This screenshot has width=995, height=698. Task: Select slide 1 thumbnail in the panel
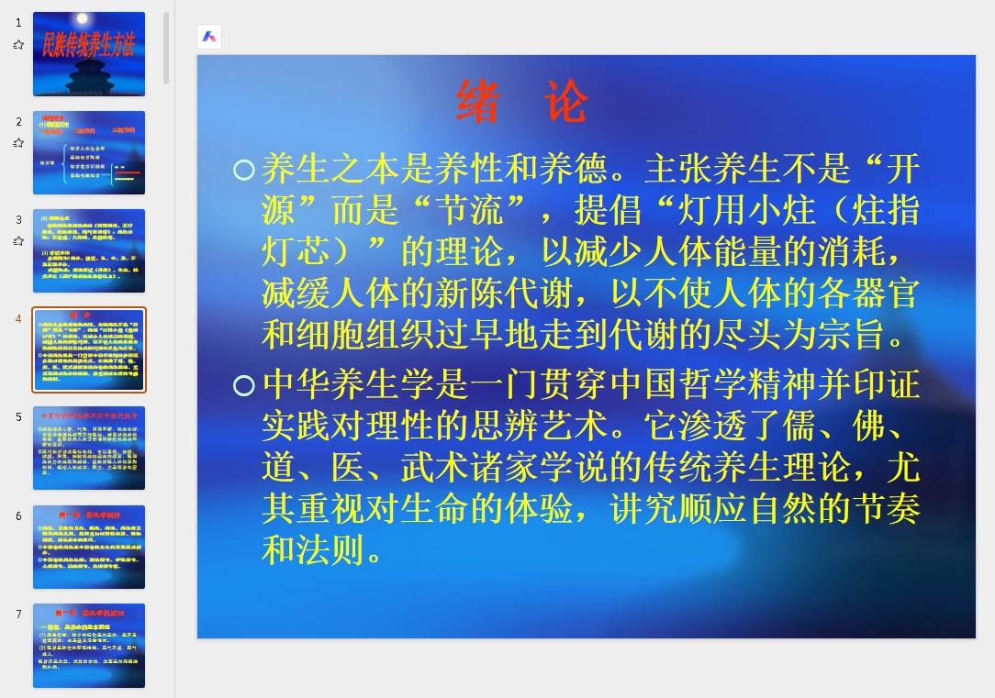point(89,54)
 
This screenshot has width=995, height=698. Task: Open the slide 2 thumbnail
point(89,152)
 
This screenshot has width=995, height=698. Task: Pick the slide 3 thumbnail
point(89,250)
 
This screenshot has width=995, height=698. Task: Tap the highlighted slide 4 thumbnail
point(89,349)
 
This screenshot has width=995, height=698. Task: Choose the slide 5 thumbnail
point(89,448)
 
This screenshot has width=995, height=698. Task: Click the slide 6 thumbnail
point(89,547)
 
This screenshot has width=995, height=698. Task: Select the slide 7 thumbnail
point(89,645)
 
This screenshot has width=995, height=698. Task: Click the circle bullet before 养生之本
point(243,170)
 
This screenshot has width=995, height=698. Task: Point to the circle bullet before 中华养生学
point(243,385)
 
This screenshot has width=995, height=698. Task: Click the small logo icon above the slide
point(209,37)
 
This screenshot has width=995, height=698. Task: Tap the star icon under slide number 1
point(18,44)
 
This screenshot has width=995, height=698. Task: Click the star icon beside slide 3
point(18,241)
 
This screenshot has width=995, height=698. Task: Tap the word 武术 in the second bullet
point(435,468)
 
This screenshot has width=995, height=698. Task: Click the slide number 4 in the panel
point(18,319)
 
